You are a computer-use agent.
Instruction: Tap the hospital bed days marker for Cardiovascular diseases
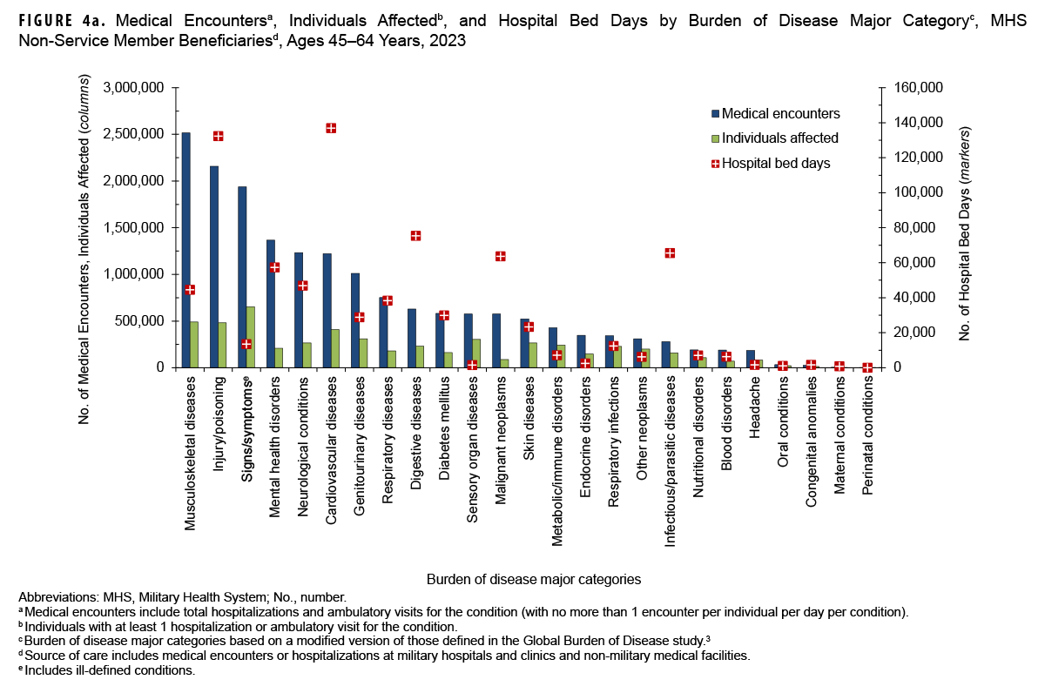tap(331, 128)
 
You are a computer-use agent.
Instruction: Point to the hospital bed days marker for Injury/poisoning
tap(218, 136)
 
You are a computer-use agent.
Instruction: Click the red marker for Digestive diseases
tap(415, 236)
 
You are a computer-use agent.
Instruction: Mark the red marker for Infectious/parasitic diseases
tap(670, 252)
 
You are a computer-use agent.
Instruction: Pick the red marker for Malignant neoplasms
tap(500, 256)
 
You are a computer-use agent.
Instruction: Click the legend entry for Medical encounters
tap(775, 113)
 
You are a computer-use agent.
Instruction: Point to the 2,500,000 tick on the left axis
tap(134, 135)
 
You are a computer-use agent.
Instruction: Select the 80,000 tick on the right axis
tap(914, 228)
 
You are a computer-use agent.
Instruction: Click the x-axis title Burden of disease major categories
tap(534, 578)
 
